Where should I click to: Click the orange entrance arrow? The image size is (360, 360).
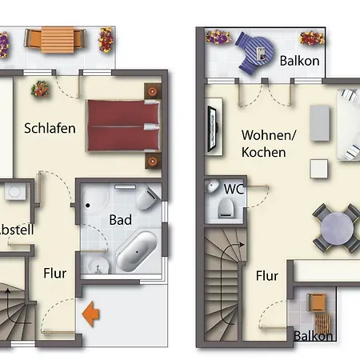(x=92, y=314)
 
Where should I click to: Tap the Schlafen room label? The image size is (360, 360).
(x=50, y=127)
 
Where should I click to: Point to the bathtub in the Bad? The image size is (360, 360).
(x=137, y=250)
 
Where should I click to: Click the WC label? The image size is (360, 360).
(x=234, y=190)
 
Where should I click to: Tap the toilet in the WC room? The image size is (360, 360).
(x=226, y=210)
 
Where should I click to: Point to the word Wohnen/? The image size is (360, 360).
(x=268, y=134)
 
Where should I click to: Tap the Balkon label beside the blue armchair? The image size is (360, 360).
(x=300, y=60)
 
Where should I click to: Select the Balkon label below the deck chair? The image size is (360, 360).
(x=313, y=337)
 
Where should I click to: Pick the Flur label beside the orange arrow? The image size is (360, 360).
(x=54, y=273)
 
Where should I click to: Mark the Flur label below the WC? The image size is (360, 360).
(x=267, y=276)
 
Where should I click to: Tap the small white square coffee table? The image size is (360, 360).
(x=318, y=169)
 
